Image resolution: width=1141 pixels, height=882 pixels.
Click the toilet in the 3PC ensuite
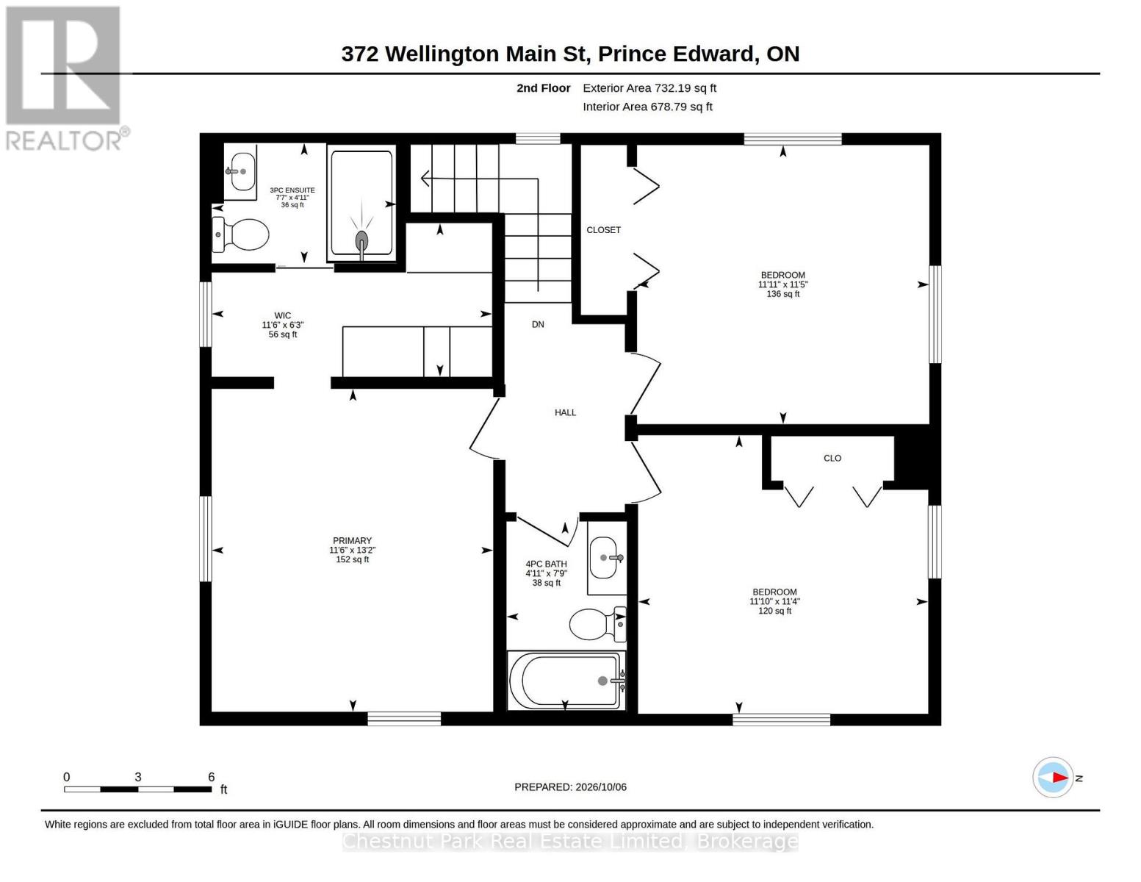point(240,234)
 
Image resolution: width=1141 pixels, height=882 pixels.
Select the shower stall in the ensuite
point(361,203)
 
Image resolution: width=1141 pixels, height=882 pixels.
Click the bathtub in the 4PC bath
point(566,681)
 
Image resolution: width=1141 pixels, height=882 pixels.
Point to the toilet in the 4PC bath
point(598,624)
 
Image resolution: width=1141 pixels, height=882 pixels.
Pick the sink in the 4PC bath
point(606,557)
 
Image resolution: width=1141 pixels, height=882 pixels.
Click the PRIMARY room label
point(353,540)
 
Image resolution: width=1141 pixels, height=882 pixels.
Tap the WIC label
point(282,316)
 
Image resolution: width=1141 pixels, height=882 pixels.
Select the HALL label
point(566,413)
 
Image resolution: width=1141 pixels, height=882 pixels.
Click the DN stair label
point(539,325)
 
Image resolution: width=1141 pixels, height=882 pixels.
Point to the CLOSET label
point(603,230)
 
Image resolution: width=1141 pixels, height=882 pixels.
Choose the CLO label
point(832,458)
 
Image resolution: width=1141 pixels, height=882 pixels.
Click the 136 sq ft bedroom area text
point(783,294)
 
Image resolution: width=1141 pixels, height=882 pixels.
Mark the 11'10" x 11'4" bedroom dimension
point(774,601)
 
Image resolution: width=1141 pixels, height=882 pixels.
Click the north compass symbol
point(1053,778)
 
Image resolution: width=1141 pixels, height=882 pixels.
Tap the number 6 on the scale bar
point(211,777)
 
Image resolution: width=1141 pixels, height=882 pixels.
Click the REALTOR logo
point(65,79)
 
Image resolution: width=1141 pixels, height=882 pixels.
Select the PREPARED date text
point(570,787)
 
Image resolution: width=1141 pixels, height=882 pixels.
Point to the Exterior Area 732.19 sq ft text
point(649,88)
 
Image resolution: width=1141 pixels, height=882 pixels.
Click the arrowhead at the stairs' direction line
point(425,179)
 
